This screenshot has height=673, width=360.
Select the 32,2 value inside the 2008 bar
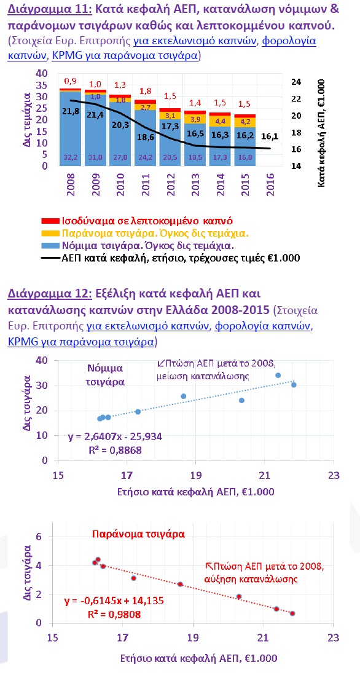69,157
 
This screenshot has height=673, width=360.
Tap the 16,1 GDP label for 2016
270,136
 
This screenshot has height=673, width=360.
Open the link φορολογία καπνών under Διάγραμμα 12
262,326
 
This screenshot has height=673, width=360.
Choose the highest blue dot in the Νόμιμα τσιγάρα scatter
278,375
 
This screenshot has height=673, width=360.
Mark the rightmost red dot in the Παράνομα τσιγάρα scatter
292,613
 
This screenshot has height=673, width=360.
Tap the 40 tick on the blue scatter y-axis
42,361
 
